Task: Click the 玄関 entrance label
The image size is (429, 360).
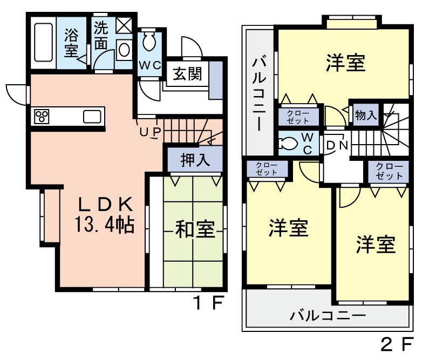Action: coord(187,74)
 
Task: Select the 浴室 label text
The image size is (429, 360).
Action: coord(71,43)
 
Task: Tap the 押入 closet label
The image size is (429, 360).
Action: coord(194,160)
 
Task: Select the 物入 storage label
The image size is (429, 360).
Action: coord(365,114)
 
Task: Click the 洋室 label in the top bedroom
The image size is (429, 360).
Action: coord(345,63)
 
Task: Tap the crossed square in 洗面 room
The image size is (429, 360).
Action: coord(123,25)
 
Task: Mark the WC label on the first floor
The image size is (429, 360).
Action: coord(148,65)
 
